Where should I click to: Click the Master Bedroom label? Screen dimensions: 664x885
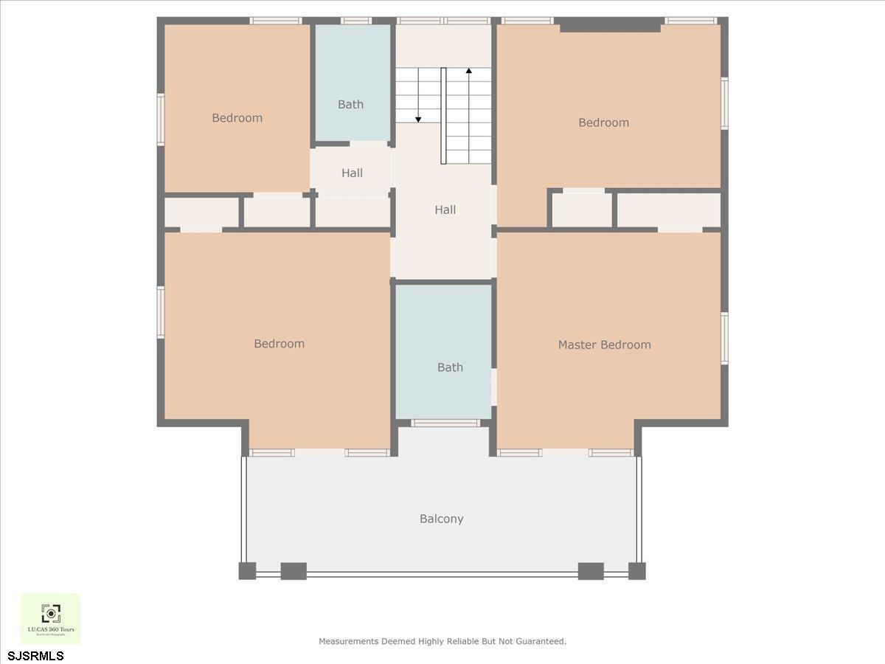(604, 345)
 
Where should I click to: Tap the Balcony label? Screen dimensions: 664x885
(442, 519)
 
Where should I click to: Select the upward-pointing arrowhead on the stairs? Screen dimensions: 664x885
(468, 72)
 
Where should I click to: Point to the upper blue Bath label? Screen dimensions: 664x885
(350, 105)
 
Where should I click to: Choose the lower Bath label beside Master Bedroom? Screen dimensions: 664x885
(450, 367)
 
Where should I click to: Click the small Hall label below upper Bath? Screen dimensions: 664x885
(352, 173)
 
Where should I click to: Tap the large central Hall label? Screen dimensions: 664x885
(445, 210)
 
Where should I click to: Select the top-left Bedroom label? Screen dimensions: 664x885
(237, 118)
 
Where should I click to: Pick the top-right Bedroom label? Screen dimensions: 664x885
(603, 122)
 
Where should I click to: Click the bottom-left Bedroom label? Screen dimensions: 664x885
(279, 344)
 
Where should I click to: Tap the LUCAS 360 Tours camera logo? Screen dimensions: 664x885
(50, 613)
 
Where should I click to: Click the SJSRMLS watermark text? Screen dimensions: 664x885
(35, 656)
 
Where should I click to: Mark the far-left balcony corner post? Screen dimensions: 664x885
(247, 571)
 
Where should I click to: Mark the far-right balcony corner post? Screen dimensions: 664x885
(636, 571)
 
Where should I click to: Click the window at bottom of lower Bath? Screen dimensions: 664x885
(445, 423)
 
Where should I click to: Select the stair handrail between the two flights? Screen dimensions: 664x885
(443, 115)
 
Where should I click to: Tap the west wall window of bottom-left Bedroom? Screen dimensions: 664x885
(161, 313)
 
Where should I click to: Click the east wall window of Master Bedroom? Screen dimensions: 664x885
(724, 338)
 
